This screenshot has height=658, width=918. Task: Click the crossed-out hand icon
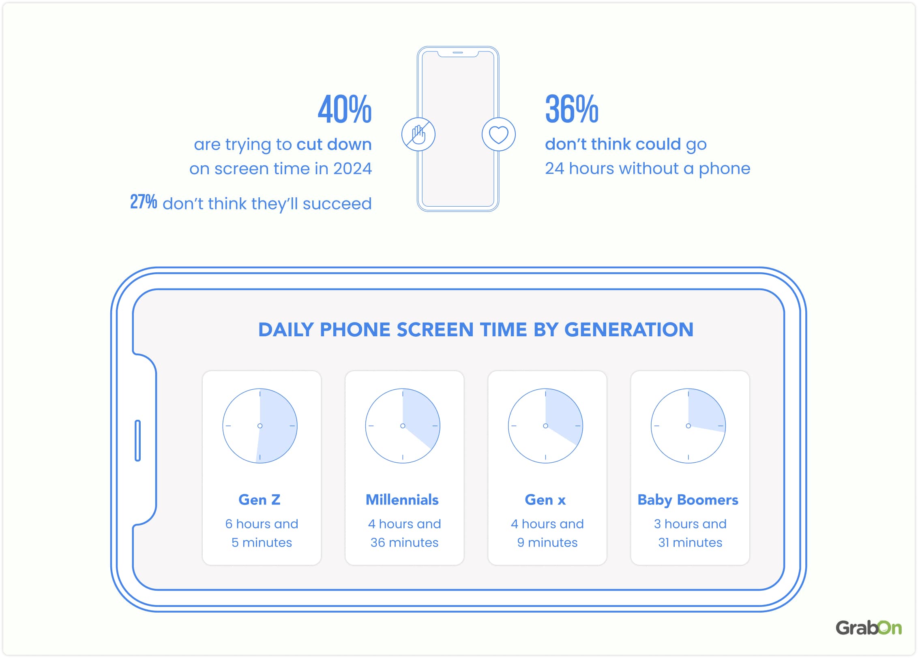418,135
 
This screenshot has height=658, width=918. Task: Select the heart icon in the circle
498,135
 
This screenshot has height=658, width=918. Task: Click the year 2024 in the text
352,169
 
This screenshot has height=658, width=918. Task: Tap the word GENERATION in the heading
628,329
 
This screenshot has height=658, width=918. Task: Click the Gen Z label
260,500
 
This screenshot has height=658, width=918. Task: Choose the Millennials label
402,500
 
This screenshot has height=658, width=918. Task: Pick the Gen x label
545,500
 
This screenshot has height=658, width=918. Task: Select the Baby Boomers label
688,500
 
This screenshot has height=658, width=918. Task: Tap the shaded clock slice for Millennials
420,417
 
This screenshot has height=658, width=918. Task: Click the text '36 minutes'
404,543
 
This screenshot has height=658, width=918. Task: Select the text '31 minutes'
690,543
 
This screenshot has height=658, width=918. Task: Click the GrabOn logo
868,628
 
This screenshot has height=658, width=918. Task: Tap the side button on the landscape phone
137,440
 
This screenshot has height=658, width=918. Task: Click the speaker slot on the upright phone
458,53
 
